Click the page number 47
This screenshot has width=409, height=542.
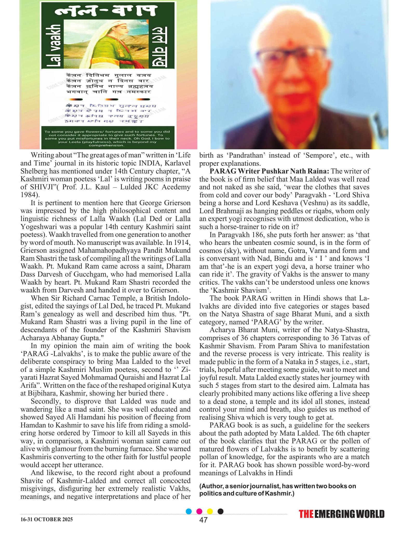(203, 527)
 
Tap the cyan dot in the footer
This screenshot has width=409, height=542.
(189, 519)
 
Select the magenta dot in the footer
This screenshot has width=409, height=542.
(199, 519)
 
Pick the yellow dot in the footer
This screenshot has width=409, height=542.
(210, 519)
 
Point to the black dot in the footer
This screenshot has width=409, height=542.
(220, 519)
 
